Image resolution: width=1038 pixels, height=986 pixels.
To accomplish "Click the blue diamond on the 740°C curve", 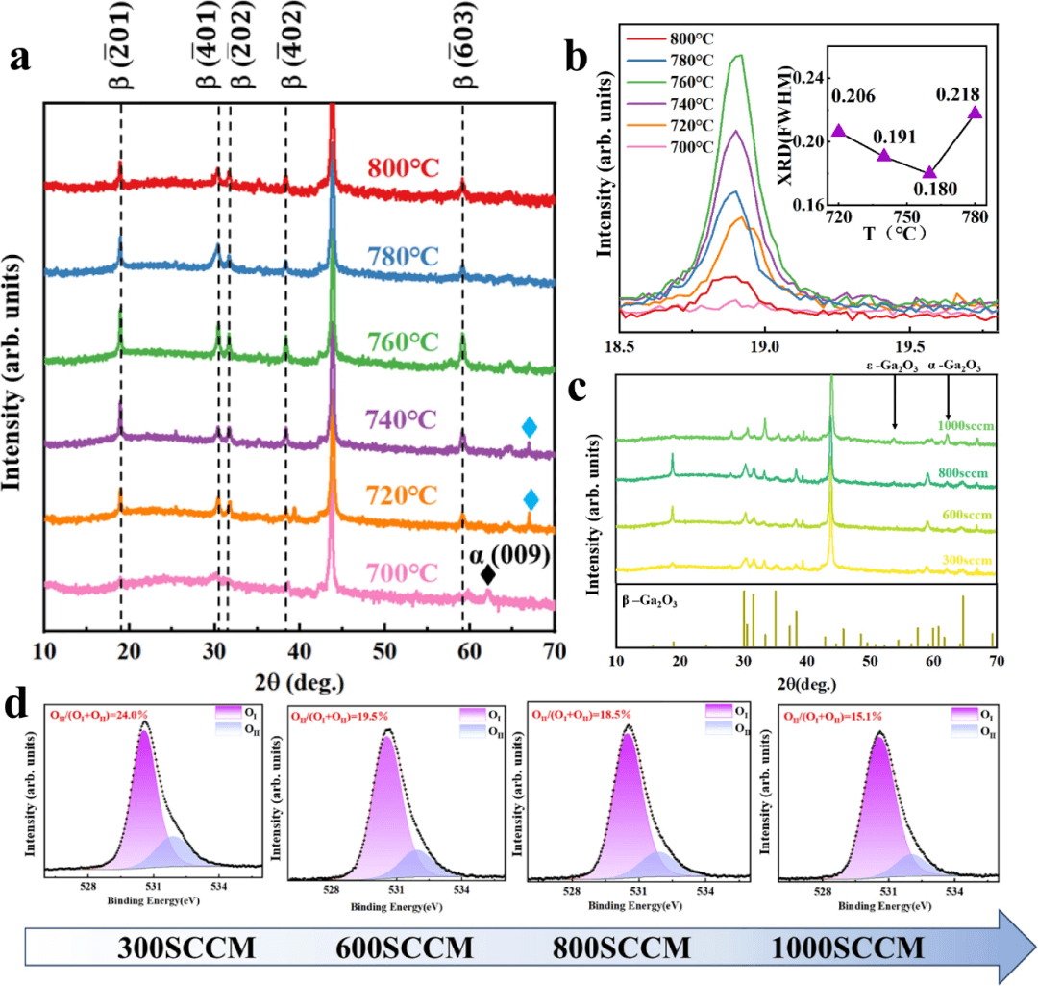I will tap(529, 426).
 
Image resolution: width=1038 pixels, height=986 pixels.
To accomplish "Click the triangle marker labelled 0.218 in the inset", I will tap(976, 114).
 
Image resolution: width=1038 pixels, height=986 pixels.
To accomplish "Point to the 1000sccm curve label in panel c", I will tap(967, 424).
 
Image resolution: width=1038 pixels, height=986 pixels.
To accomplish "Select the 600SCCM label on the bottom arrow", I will tap(404, 948).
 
